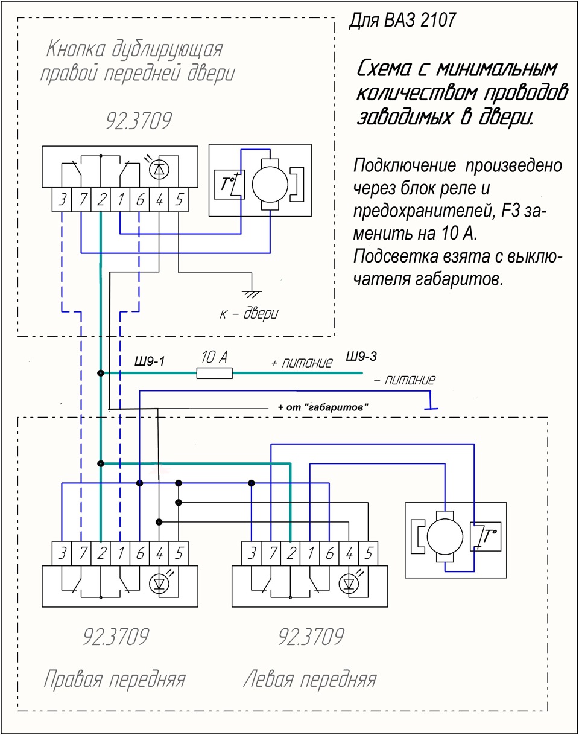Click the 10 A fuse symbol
click(214, 373)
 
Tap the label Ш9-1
click(150, 361)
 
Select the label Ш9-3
click(361, 356)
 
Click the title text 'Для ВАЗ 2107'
click(402, 20)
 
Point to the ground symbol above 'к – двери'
click(252, 294)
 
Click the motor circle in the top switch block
click(270, 185)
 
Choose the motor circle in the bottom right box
click(445, 536)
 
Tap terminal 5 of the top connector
click(179, 200)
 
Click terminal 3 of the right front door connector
click(62, 553)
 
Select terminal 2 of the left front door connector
click(291, 553)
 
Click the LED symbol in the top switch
click(159, 170)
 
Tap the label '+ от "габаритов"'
click(323, 407)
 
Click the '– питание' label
click(405, 380)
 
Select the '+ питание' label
click(302, 363)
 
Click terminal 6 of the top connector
click(140, 200)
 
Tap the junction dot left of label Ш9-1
click(101, 373)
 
